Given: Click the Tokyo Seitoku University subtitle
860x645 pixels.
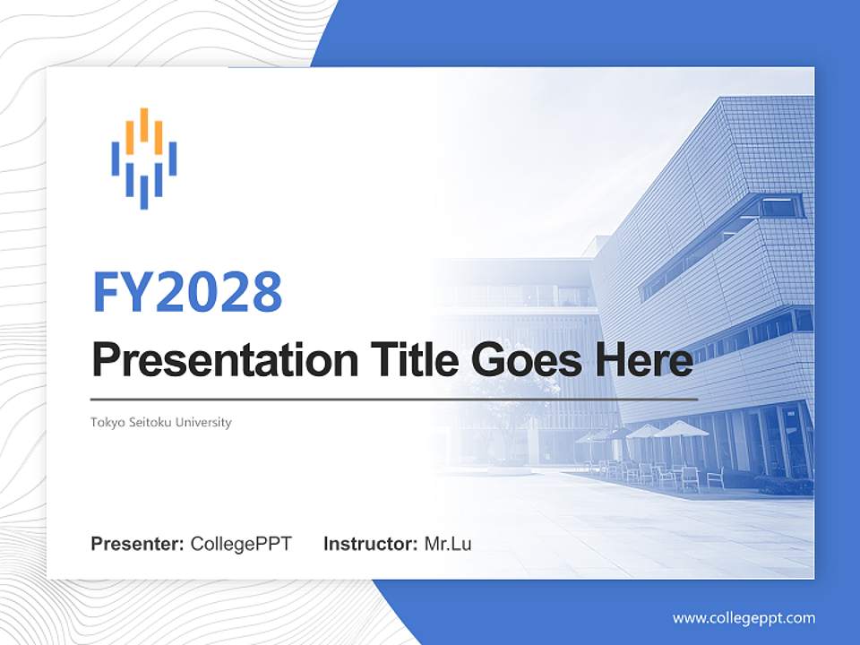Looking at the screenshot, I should (161, 422).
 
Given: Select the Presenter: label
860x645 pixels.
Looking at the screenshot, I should (138, 544).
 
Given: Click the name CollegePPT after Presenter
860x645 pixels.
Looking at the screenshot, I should (241, 544).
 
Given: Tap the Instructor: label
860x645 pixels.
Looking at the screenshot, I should (370, 544).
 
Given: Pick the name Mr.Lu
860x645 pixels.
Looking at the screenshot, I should (448, 544).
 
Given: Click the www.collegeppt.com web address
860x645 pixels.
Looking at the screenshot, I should (744, 618).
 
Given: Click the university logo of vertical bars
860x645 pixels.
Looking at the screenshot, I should (143, 159).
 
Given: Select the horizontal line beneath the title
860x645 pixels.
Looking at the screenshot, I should (394, 399).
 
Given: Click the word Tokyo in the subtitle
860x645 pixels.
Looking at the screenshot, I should (106, 422).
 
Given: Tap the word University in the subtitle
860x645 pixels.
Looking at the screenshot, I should (204, 422).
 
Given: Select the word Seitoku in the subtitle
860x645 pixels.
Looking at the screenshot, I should (149, 422).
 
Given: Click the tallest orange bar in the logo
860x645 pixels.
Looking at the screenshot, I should (143, 125).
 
